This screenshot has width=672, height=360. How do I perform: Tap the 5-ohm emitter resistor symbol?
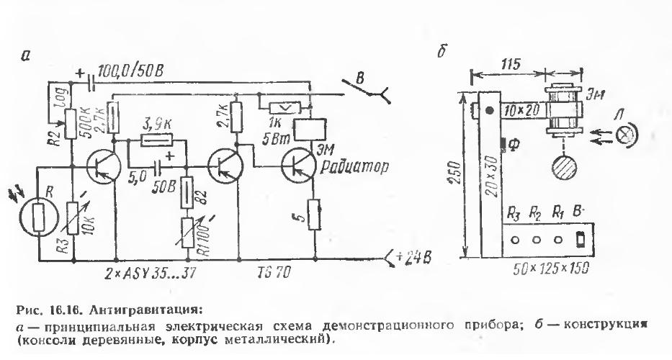[313, 214]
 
